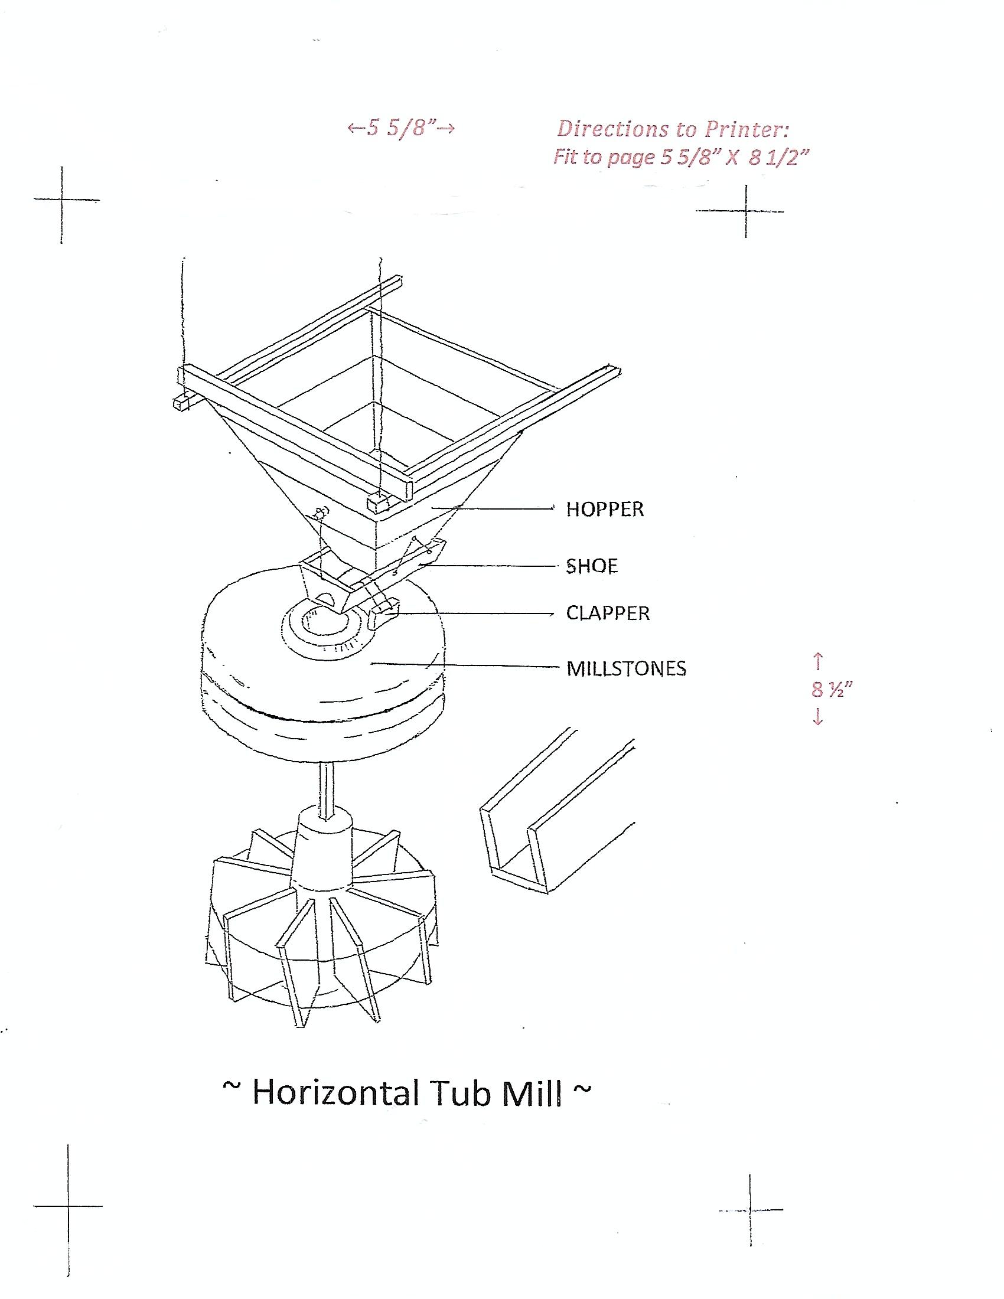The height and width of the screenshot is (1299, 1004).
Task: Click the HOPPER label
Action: tap(605, 509)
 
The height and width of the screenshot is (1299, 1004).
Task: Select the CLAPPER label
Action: tap(608, 613)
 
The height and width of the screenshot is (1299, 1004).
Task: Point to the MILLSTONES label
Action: tap(626, 668)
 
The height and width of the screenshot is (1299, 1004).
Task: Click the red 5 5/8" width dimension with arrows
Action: tap(402, 128)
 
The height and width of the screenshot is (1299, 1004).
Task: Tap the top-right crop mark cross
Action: tap(746, 211)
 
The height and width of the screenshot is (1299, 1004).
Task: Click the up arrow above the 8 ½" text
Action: tap(819, 660)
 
